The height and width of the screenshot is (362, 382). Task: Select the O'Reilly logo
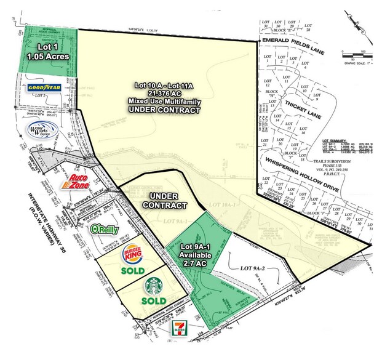point(105,229)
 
